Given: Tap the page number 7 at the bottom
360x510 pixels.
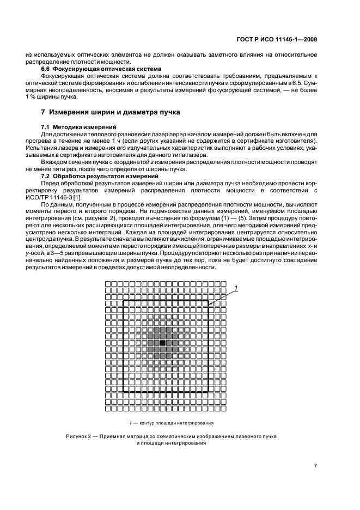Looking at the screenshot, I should pos(315,465).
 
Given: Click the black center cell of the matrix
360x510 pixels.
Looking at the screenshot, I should pos(162,342).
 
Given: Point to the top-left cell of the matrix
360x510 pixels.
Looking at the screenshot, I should pos(108,283).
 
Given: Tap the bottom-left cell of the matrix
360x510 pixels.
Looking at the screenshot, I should pos(108,407).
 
